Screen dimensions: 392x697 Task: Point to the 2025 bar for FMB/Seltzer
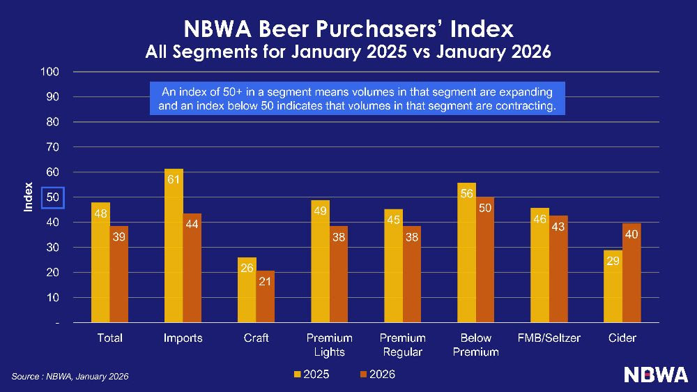[539, 265]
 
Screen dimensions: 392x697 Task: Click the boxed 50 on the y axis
[53, 197]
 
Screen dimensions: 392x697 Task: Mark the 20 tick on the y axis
[53, 273]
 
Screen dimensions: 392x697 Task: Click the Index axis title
[29, 197]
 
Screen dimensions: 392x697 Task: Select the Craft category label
[256, 338]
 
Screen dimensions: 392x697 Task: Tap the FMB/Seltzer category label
[549, 338]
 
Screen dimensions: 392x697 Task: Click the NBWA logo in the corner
[655, 375]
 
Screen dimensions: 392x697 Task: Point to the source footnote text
[70, 377]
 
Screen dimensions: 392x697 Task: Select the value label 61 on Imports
[174, 179]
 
